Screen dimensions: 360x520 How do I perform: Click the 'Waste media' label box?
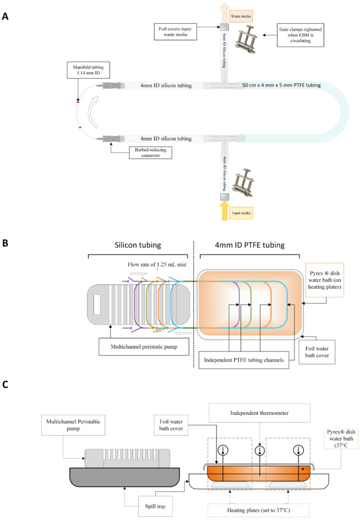[241, 16]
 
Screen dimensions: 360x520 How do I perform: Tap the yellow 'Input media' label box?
[241, 213]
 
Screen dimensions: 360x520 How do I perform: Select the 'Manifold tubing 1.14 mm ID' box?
[88, 70]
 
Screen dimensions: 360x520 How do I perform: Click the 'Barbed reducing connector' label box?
[150, 153]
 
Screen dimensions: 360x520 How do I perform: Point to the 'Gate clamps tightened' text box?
[301, 35]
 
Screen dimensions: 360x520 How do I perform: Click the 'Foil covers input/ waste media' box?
[176, 31]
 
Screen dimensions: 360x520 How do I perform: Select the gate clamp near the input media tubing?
[243, 182]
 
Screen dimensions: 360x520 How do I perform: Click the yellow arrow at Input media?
[225, 211]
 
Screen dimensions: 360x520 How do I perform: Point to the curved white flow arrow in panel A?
[93, 112]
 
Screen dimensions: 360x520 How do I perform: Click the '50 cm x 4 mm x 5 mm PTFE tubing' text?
[281, 85]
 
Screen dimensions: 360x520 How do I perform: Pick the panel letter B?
[5, 243]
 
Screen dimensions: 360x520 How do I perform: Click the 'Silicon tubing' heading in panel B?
[138, 245]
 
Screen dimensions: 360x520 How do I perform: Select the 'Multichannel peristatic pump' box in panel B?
[144, 346]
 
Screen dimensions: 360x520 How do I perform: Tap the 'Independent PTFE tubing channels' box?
[244, 360]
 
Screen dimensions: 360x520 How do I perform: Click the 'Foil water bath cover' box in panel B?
[317, 352]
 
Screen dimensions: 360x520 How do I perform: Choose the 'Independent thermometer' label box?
[260, 413]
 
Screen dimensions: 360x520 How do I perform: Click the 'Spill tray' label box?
[155, 506]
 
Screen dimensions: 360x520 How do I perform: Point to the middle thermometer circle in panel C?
[260, 451]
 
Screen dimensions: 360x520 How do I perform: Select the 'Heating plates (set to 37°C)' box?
[258, 510]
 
